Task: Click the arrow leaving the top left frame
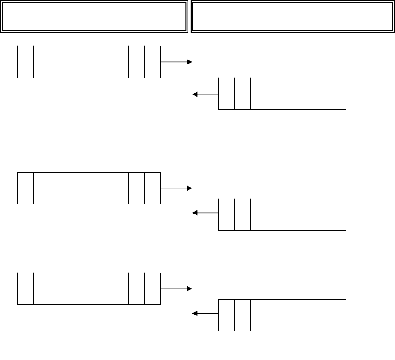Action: tap(176, 62)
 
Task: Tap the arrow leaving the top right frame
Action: tap(206, 94)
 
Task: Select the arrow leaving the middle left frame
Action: tap(176, 188)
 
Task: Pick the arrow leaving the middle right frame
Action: tap(206, 213)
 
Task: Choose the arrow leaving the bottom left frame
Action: tap(176, 289)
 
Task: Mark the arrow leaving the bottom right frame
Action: tap(206, 314)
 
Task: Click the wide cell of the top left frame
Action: tap(97, 62)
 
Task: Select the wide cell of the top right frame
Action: tap(282, 94)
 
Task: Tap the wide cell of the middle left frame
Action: tap(97, 188)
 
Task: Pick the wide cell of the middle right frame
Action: tap(282, 214)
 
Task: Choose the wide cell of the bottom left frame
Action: tap(97, 289)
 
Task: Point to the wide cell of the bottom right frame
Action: tap(282, 315)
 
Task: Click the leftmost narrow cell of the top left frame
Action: tap(25, 62)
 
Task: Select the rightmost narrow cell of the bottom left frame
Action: tap(152, 289)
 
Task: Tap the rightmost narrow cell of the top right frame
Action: tap(338, 94)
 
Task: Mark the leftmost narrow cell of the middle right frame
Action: tap(226, 214)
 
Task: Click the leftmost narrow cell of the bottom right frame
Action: tap(226, 315)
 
